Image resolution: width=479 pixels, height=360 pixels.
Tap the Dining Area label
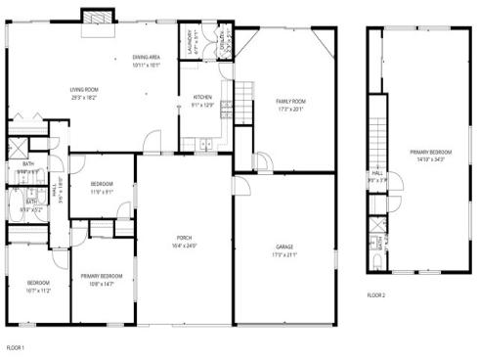point(146,59)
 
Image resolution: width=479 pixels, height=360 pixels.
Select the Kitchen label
point(202,97)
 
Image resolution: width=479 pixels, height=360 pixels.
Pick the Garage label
point(284,247)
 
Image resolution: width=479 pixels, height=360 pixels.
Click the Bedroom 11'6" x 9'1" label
point(102,184)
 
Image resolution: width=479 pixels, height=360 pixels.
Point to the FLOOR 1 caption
point(16,347)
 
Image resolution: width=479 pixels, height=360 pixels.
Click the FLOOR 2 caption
point(377,294)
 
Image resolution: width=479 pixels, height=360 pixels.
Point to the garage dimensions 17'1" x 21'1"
point(284,254)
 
